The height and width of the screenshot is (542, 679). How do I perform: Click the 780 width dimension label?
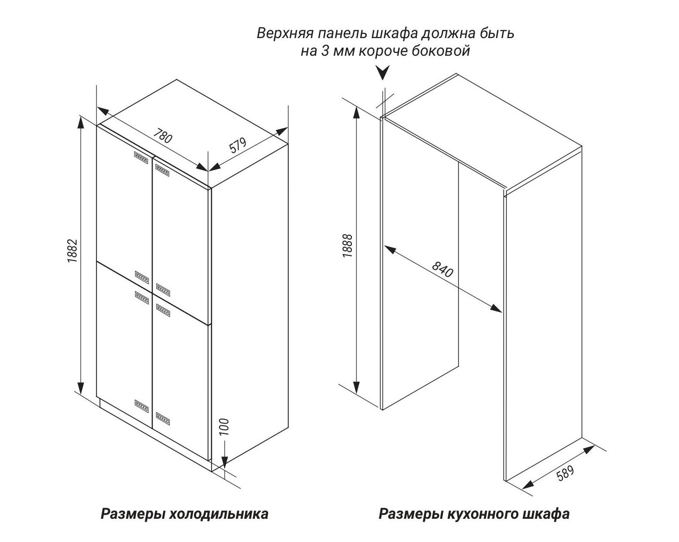pyautogui.click(x=163, y=136)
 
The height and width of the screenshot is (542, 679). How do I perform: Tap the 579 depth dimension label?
pyautogui.click(x=237, y=146)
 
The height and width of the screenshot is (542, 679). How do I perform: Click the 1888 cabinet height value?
pyautogui.click(x=347, y=246)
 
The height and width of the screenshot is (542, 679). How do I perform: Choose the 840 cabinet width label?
pyautogui.click(x=442, y=269)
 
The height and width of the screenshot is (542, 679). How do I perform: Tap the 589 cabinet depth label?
pyautogui.click(x=565, y=473)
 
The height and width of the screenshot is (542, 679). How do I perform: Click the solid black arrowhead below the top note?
pyautogui.click(x=383, y=73)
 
